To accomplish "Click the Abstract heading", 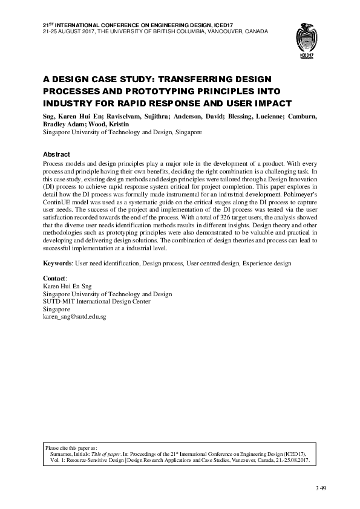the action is click(56, 154).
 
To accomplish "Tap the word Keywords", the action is click(57, 264).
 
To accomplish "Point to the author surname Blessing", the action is click(233, 116).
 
